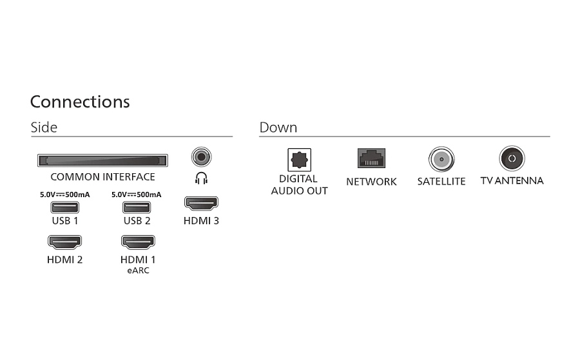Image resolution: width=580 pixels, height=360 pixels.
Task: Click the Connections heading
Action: pos(80,102)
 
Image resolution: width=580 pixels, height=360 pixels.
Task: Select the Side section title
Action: pos(44,128)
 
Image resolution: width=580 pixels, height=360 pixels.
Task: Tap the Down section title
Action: pos(278,128)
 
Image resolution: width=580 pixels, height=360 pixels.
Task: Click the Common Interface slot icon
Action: pos(102,160)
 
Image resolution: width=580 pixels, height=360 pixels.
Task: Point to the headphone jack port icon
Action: pos(202,156)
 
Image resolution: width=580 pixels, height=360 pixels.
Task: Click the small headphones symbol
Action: pos(201,178)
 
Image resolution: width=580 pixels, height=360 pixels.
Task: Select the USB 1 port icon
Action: pos(64,207)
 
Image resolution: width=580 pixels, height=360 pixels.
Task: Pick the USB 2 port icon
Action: pos(137,207)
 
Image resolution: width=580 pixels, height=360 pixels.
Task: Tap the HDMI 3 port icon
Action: pos(201,204)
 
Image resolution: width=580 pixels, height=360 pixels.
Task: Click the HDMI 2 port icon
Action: pos(64,242)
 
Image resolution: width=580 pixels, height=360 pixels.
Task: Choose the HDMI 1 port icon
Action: pos(138,242)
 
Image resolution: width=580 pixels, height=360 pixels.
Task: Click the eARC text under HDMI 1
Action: pos(139,270)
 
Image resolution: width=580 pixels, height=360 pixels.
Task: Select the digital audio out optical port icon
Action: pos(299,160)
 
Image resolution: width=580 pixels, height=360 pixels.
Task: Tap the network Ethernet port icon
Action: pos(371,158)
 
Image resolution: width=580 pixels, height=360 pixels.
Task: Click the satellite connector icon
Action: pos(441,159)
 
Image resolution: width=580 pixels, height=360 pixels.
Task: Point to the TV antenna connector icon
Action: pos(512,158)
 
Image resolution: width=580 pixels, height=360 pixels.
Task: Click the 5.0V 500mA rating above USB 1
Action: pos(64,194)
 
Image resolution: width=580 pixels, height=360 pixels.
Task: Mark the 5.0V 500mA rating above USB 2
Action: pos(137,194)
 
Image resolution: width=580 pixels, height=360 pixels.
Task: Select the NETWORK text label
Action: pos(371,182)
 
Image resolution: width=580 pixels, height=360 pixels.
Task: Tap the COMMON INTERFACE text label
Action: pos(103,177)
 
